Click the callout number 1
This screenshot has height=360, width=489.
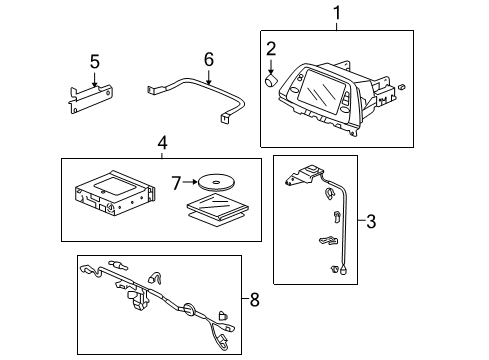336,14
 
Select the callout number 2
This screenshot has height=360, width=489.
270,48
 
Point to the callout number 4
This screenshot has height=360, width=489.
162,144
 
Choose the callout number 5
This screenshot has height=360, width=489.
94,62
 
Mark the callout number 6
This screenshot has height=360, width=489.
208,60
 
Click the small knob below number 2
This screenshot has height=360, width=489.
271,84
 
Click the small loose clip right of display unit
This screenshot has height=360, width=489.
399,87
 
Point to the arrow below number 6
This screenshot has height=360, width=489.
208,76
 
